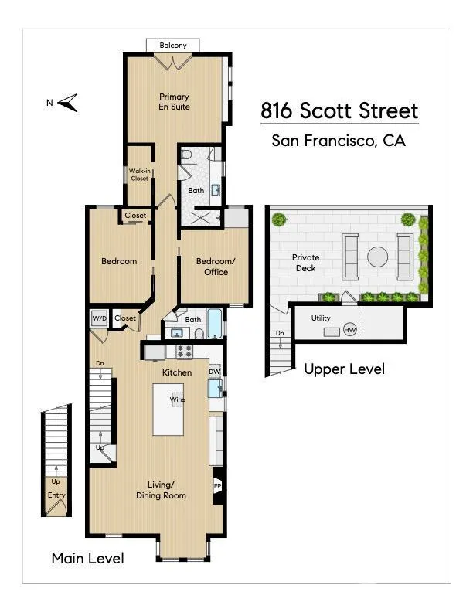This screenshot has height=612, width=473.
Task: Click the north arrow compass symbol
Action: coord(67,103)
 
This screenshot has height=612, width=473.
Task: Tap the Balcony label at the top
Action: coord(173,46)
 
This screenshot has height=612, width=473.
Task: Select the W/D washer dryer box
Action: coord(99,318)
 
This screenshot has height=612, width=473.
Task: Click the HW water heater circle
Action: coord(349,330)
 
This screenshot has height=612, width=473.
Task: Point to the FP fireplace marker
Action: coord(218,486)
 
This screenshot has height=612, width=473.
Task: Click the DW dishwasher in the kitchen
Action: coord(215,372)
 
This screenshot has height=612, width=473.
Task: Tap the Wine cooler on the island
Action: coord(178,399)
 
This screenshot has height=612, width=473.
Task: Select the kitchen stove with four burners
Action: coord(185,352)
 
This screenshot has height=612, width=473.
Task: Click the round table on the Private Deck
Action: coord(377,257)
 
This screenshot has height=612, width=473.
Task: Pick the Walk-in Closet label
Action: coord(140,175)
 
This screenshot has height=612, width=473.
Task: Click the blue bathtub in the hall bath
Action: coord(215,324)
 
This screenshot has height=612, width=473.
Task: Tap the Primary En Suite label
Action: coord(174,101)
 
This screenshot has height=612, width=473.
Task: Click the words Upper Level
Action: coord(344,369)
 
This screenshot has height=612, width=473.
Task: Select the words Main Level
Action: coord(88,558)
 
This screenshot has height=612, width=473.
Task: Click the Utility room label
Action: coord(321,318)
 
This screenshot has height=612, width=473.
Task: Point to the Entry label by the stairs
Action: coord(56,495)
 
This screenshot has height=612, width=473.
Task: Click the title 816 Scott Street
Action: coord(339,110)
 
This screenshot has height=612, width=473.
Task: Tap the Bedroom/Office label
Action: coord(216,267)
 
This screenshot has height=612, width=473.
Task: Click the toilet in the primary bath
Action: coord(186,155)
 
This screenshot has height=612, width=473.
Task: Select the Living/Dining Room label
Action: coord(161,490)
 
